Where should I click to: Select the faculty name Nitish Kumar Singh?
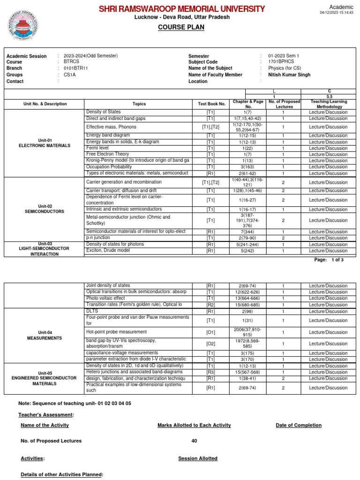[289, 75]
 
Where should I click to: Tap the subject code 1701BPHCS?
[281, 62]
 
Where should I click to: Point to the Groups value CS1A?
[70, 75]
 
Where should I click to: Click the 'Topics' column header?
[139, 104]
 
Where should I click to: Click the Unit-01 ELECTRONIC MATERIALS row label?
[45, 142]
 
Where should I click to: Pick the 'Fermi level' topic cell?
[97, 148]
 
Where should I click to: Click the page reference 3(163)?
[248, 167]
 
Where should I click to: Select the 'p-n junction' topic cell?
[98, 238]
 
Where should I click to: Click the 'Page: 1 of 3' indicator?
[330, 260]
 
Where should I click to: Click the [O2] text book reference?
[210, 344]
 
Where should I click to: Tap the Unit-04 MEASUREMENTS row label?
[45, 335]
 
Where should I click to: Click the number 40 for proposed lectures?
[194, 441]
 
